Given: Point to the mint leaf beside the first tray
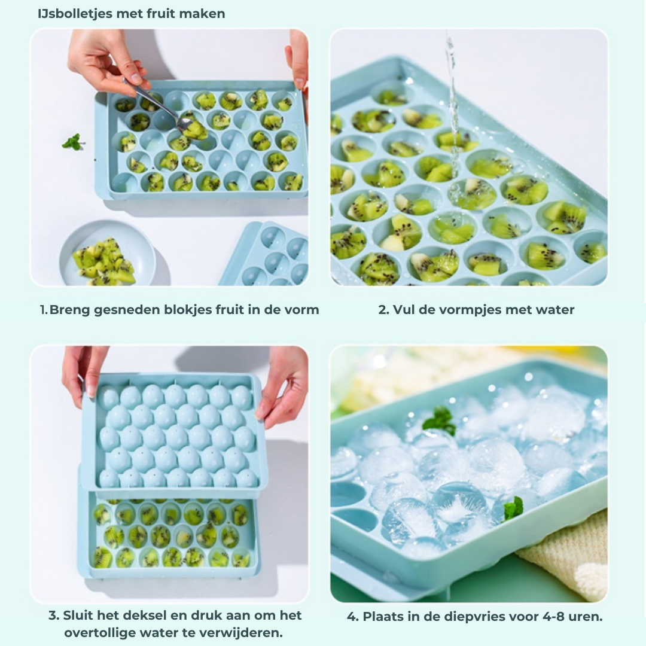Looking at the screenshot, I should [x=73, y=142].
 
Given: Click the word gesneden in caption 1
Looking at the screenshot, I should [x=127, y=310].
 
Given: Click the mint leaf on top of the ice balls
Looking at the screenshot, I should [x=440, y=420].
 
